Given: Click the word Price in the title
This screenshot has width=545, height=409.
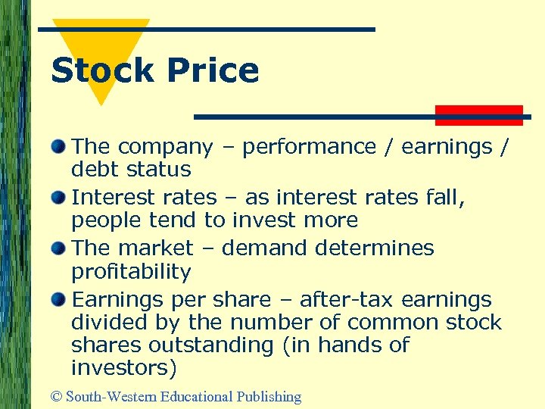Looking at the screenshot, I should pos(213,70).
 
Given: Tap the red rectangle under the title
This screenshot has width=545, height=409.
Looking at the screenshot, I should pos(479,114).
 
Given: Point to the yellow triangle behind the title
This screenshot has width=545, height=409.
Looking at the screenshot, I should pos(114,45).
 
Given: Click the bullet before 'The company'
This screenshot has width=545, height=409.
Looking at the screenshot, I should pos(58,145).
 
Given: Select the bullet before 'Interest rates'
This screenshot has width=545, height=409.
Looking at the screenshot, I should pos(58,197).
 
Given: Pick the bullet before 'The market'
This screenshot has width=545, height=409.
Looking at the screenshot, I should pos(58,248).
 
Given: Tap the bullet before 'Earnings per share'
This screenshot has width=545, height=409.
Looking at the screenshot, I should pos(58,299).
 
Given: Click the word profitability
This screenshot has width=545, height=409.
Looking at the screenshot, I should pos(131,270).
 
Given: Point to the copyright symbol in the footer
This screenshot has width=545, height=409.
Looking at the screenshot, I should pos(55,396).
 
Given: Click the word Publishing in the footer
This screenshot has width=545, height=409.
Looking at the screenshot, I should pos(269,396).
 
